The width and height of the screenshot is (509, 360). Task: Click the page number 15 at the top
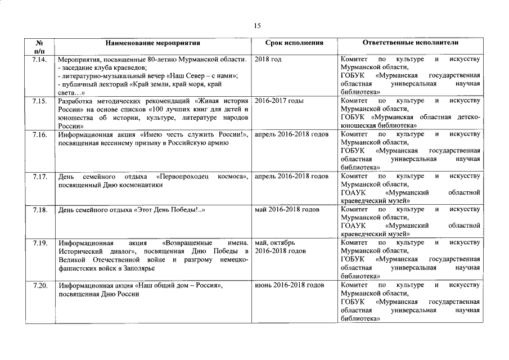point(257,25)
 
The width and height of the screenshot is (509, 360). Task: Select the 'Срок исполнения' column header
point(294,43)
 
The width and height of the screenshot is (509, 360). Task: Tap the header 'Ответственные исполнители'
point(410,43)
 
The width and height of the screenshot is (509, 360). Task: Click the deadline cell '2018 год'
point(268,59)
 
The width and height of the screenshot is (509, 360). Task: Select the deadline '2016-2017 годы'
point(279,101)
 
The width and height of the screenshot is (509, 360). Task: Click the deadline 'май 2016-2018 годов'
point(287,210)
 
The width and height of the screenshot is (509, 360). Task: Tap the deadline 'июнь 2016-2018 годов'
point(289,285)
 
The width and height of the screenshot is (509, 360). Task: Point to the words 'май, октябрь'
point(274,243)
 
